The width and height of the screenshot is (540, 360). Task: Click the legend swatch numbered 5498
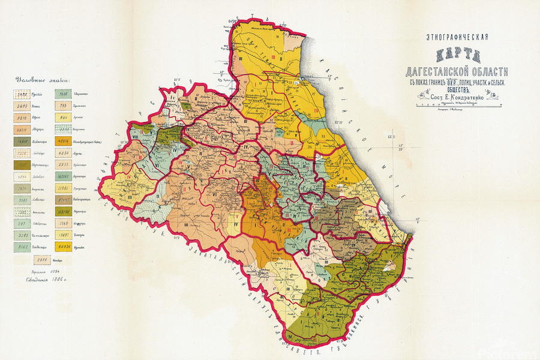pyautogui.click(x=23, y=94)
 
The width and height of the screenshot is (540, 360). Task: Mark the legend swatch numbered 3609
pyautogui.click(x=23, y=106)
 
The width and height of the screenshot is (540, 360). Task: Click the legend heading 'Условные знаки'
pyautogui.click(x=42, y=79)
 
